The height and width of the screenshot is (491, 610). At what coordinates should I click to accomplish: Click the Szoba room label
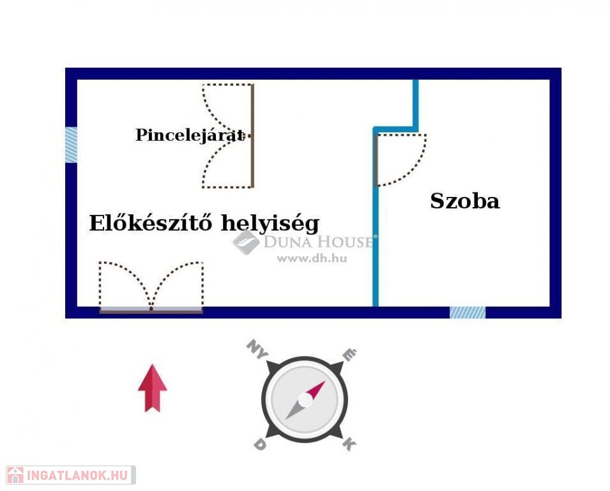(x=464, y=201)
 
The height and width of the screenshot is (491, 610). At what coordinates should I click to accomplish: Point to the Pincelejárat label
(x=190, y=135)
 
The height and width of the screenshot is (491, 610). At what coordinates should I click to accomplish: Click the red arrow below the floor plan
(x=152, y=387)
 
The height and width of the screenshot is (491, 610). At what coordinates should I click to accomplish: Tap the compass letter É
(x=349, y=354)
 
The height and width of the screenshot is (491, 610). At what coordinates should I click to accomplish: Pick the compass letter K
(x=349, y=444)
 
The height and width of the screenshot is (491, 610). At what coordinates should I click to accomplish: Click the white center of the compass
(x=305, y=400)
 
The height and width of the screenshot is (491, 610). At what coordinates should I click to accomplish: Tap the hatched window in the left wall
(x=71, y=144)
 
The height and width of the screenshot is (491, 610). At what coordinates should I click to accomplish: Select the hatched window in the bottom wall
(x=467, y=313)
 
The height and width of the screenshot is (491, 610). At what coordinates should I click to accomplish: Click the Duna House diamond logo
(x=246, y=242)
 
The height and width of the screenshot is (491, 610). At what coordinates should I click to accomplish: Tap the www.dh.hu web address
(x=311, y=259)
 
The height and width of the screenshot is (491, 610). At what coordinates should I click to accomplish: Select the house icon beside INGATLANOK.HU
(x=15, y=475)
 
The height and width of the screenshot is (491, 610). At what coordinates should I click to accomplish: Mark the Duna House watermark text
(x=318, y=242)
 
